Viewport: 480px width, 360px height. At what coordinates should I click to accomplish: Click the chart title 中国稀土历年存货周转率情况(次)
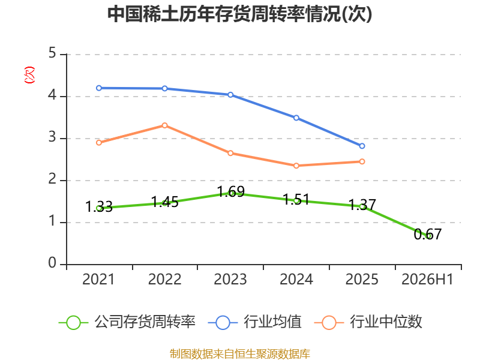tap(239, 14)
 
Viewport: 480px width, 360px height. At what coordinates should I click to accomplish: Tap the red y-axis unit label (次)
tap(29, 75)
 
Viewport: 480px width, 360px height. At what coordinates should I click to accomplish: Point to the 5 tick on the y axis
tap(52, 53)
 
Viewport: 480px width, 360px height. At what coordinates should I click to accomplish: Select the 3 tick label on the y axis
tap(52, 137)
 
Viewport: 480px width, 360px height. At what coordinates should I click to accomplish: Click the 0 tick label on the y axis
tap(52, 263)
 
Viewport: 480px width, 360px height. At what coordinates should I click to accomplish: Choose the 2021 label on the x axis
tap(98, 280)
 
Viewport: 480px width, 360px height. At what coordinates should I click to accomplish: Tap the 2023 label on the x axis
tap(230, 280)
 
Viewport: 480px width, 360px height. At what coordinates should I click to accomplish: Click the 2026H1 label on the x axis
tap(427, 280)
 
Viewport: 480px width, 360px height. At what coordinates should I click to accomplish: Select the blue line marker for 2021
tap(99, 88)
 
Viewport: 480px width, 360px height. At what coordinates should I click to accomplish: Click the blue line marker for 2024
tap(296, 118)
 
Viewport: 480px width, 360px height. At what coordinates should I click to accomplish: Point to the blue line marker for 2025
tap(362, 146)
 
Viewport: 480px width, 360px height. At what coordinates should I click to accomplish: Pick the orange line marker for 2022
tap(164, 125)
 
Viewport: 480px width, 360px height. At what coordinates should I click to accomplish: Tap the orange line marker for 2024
tap(296, 166)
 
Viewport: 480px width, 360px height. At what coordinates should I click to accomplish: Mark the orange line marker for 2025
tap(362, 161)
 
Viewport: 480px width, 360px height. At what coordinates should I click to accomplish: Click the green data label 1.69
tap(231, 192)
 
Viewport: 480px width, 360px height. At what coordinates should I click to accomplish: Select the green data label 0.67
tap(428, 235)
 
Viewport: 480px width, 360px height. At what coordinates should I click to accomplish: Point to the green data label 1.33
tap(99, 206)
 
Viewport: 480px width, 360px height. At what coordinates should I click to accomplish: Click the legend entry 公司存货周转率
tap(127, 322)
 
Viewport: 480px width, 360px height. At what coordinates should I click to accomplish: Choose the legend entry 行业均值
tap(254, 322)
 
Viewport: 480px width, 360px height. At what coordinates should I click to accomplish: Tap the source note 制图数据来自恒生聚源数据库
tap(240, 354)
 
